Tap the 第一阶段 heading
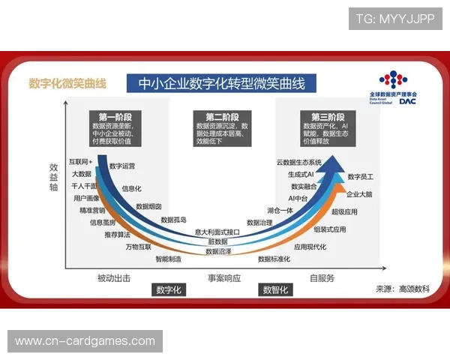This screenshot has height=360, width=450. (115, 117)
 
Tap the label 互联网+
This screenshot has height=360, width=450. (80, 161)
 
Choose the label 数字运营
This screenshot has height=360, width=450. (122, 166)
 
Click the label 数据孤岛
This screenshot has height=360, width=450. (173, 220)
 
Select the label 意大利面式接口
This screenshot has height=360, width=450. (217, 232)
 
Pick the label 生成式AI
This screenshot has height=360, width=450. (301, 174)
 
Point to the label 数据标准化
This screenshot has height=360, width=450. (274, 259)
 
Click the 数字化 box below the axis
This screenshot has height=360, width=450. (169, 289)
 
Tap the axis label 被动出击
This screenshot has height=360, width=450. (113, 278)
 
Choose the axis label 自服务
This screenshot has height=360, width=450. (322, 278)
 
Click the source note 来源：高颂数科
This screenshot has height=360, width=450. (403, 289)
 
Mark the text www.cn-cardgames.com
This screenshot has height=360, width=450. (85, 341)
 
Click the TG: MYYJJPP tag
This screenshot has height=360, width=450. (394, 19)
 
